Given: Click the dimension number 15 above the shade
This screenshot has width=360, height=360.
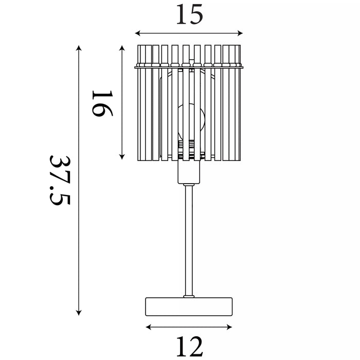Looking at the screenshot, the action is tap(190, 14).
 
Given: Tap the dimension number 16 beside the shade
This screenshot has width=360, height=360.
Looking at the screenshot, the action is tap(102, 103).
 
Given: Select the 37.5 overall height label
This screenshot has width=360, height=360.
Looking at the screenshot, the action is tap(60, 180).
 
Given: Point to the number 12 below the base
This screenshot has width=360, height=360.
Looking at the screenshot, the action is tap(190, 346).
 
